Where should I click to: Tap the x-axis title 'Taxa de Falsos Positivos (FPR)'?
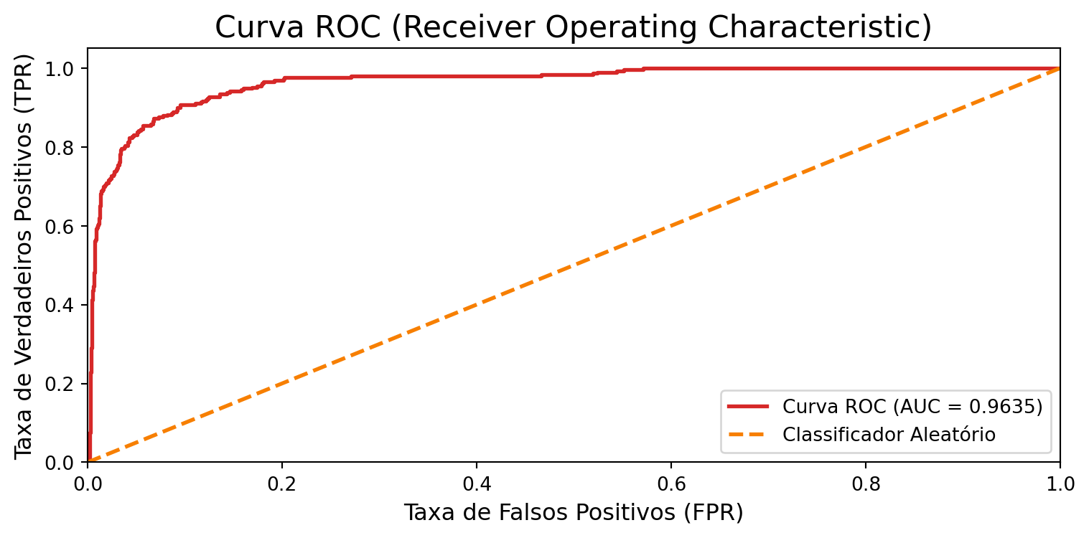pos(573,512)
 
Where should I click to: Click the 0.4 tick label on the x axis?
pos(477,484)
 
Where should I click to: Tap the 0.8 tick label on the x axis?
pos(866,484)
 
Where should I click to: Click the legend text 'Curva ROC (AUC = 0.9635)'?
pos(912,407)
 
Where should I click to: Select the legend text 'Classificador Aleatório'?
pos(889,434)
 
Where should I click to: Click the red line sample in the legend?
pos(748,407)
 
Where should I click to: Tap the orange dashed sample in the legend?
pos(748,434)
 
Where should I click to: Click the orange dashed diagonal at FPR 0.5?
pos(574,265)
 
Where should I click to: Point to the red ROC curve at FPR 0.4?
pos(477,76)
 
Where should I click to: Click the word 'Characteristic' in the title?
pos(836,27)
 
